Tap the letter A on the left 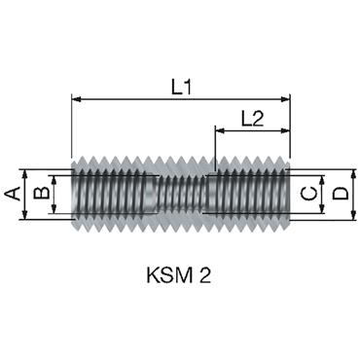tap(13, 195)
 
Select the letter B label tap(40, 195)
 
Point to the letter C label tap(308, 195)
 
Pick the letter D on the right tap(339, 195)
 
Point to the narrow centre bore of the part tap(181, 195)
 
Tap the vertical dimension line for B tap(54, 195)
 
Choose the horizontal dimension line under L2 tap(253, 131)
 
